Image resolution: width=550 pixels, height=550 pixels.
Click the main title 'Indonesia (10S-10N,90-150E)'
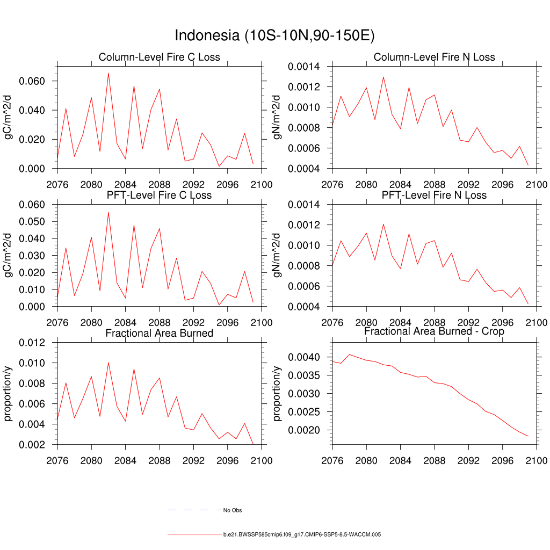pos(274,36)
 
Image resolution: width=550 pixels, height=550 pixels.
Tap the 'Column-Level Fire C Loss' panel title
pos(159,57)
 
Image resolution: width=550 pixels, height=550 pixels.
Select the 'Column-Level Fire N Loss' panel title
pos(434,57)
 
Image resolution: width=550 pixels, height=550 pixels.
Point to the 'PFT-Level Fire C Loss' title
pos(159,195)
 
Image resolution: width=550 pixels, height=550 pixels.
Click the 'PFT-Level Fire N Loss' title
pos(434,195)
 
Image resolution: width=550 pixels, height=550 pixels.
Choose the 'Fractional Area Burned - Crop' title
pos(434,331)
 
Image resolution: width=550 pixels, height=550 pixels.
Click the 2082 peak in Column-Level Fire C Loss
pos(108,73)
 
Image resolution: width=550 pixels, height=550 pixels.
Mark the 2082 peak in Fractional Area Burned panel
pos(108,363)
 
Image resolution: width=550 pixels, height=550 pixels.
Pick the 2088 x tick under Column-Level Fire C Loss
pos(160,185)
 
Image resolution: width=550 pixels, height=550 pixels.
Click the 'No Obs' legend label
pos(233,510)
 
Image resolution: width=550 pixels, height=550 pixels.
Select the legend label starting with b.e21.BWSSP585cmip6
pos(302,535)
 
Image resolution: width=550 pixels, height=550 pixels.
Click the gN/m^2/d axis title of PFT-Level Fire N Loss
pos(277,256)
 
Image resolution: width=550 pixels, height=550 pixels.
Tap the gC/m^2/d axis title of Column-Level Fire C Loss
pos(9,118)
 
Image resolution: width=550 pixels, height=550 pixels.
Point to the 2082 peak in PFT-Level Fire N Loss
pos(383,225)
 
